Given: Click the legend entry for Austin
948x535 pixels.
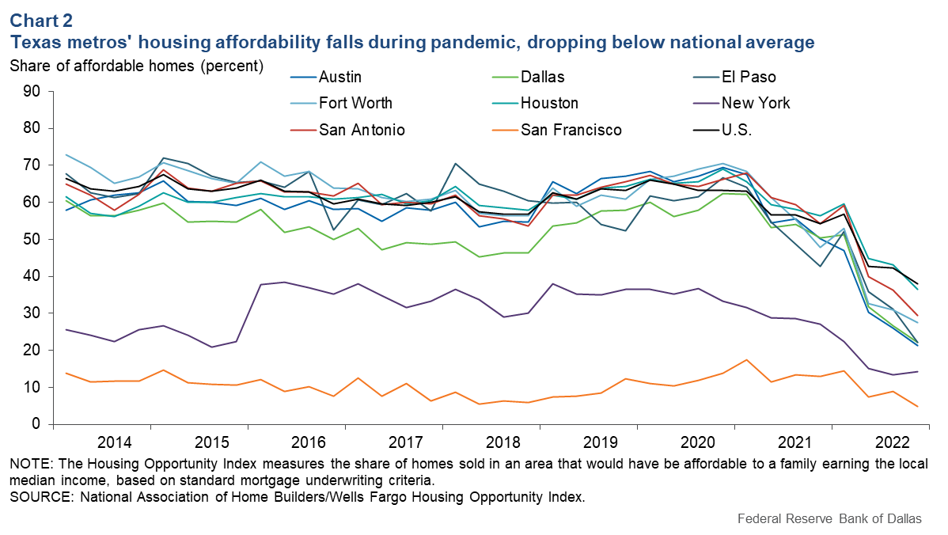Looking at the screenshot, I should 339,78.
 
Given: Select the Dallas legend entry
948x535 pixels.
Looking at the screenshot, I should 542,78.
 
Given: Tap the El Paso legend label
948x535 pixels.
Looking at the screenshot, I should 749,78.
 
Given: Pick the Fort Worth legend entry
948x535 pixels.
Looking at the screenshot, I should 355,104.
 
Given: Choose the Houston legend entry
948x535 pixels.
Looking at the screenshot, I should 549,104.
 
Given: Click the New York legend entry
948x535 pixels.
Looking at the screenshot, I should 756,104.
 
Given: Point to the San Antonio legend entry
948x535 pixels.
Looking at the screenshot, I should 362,130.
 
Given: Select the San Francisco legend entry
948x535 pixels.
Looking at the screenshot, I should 571,130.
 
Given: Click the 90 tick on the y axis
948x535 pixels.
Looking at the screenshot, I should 32,91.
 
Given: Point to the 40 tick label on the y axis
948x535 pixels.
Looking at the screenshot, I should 32,276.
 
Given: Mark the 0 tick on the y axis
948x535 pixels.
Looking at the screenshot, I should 36,424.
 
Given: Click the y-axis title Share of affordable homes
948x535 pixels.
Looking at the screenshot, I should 136,66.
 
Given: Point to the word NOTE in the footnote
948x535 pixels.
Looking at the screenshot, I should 28,463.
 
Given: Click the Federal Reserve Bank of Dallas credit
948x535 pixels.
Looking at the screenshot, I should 829,519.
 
